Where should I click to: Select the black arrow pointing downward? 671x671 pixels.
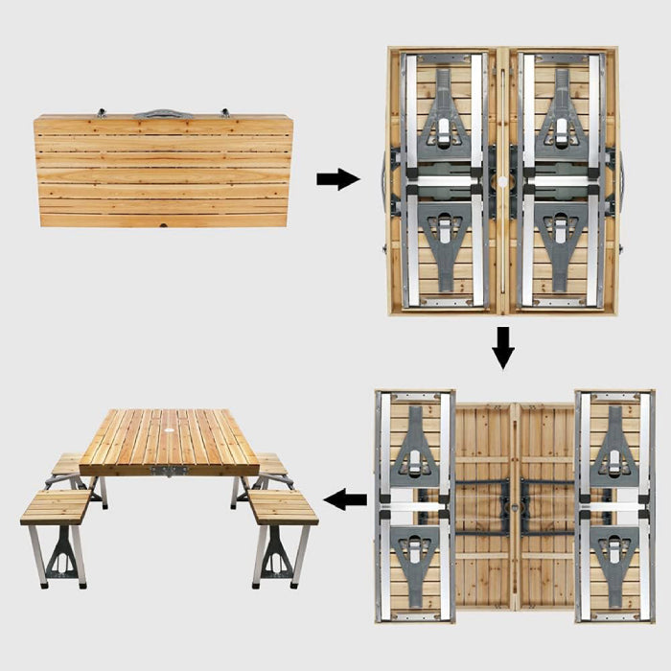pyautogui.click(x=502, y=348)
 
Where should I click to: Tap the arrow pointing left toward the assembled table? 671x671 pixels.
pyautogui.click(x=346, y=498)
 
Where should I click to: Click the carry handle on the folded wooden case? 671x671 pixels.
pyautogui.click(x=163, y=114)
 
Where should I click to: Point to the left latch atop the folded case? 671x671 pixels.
pyautogui.click(x=101, y=112)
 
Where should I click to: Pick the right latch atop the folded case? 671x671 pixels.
pyautogui.click(x=226, y=112)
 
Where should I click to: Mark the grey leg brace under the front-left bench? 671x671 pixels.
pyautogui.click(x=61, y=554)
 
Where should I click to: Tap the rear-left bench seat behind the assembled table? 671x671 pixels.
pyautogui.click(x=67, y=464)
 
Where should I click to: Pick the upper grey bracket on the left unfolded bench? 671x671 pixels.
pyautogui.click(x=415, y=446)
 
